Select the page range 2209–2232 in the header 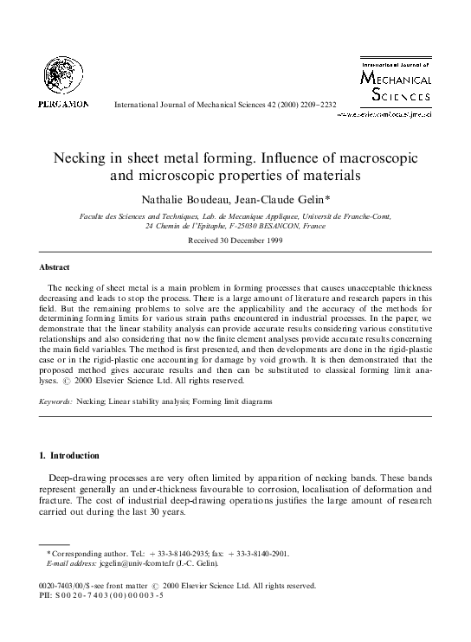click(314, 106)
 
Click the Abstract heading click(55, 267)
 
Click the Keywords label click(56, 402)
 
